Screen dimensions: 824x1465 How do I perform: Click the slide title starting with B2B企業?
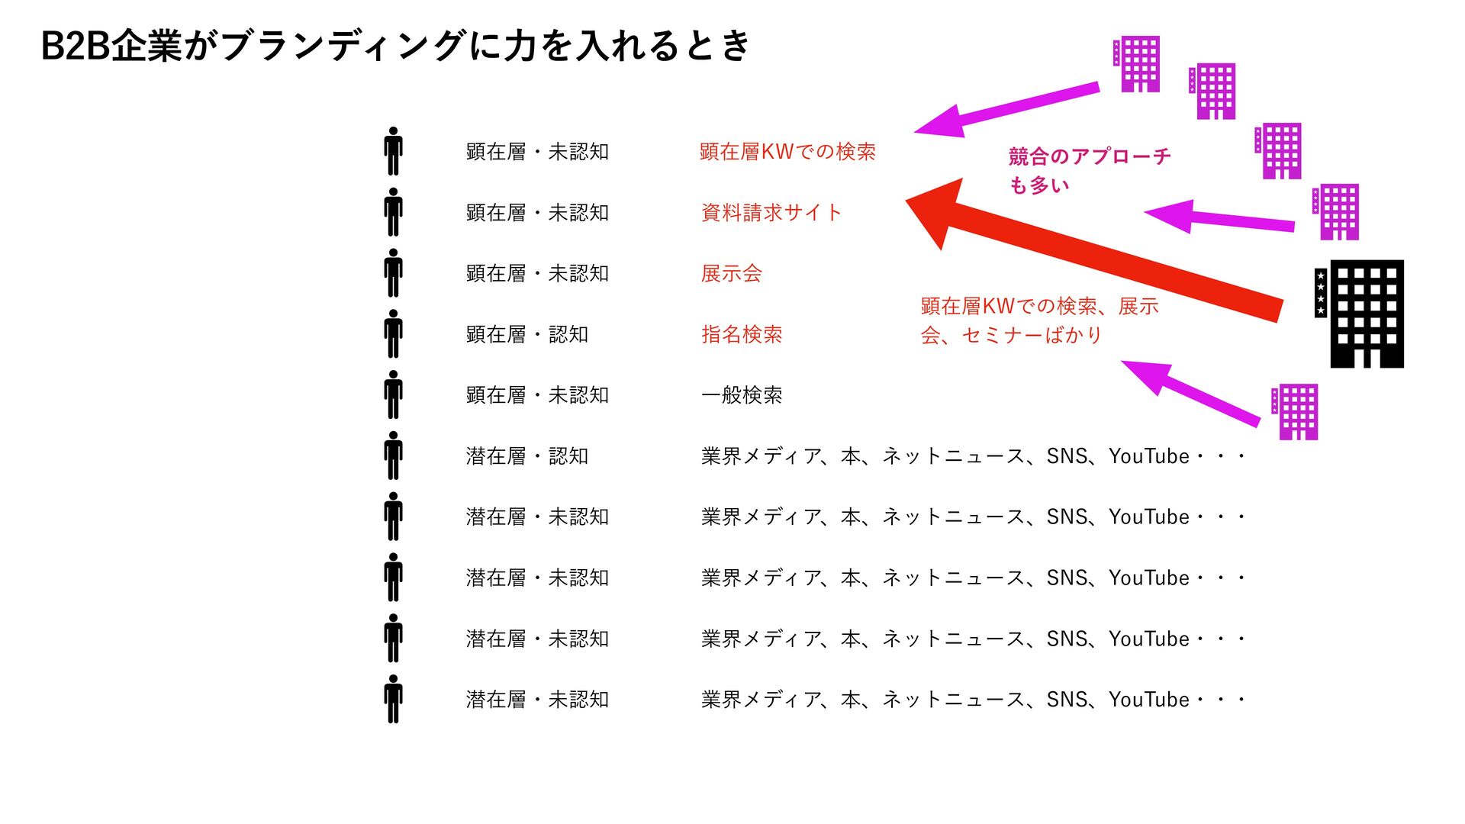tap(395, 46)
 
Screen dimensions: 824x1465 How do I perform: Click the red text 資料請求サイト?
tap(771, 212)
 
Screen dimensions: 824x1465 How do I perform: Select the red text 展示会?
tap(731, 273)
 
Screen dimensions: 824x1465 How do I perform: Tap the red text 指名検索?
tap(741, 334)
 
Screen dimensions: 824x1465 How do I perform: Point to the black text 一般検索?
tap(741, 395)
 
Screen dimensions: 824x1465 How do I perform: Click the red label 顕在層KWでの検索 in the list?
tap(787, 152)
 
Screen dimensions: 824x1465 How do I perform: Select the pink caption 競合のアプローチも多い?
tap(1088, 170)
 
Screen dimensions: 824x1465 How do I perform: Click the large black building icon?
tap(1366, 314)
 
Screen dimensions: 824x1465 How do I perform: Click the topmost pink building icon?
tap(1139, 64)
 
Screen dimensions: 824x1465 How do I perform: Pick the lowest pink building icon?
tap(1297, 412)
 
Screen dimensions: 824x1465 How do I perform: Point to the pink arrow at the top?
tap(1007, 108)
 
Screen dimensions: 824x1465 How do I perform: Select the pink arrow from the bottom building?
tap(1190, 391)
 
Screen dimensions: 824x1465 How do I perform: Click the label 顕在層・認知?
tap(526, 334)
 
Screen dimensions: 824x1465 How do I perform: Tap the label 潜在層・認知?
tap(526, 456)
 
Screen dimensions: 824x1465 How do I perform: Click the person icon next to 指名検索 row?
tap(393, 334)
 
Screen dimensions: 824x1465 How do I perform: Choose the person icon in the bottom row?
tap(393, 699)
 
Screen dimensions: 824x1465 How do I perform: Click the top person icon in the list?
tap(393, 152)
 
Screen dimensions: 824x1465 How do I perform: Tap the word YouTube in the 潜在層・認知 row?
tap(1148, 456)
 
